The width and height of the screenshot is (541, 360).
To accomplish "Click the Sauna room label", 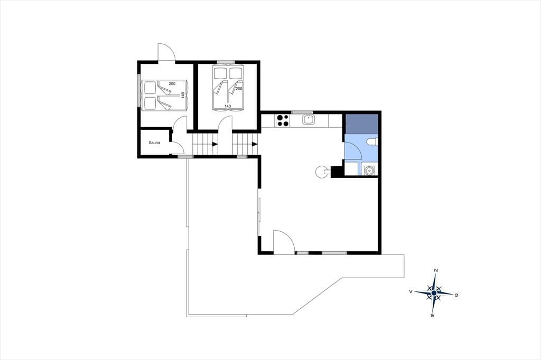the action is pyautogui.click(x=154, y=143).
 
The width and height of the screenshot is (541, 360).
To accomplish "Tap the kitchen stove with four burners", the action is pyautogui.click(x=283, y=120).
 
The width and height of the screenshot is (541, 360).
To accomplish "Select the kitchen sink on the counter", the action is pyautogui.click(x=308, y=120).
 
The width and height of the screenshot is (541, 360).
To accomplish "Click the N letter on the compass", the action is pyautogui.click(x=436, y=270).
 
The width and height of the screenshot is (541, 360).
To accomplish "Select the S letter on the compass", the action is pyautogui.click(x=432, y=315).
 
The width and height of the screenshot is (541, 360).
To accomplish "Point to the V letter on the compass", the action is pyautogui.click(x=411, y=291).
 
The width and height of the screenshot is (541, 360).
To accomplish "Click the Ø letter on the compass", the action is pyautogui.click(x=456, y=295).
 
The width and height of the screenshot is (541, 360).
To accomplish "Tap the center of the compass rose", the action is pyautogui.click(x=434, y=293).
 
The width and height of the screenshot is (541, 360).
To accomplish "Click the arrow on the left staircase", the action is pyautogui.click(x=214, y=144).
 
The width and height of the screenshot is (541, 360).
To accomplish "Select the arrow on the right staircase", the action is pyautogui.click(x=255, y=144).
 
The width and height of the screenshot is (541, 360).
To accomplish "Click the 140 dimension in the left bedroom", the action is pyautogui.click(x=183, y=95).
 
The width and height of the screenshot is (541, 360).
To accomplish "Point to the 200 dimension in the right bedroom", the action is pyautogui.click(x=239, y=89).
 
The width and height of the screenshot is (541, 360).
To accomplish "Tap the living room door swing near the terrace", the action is pyautogui.click(x=284, y=242).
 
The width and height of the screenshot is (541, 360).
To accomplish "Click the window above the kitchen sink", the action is pyautogui.click(x=302, y=112).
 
